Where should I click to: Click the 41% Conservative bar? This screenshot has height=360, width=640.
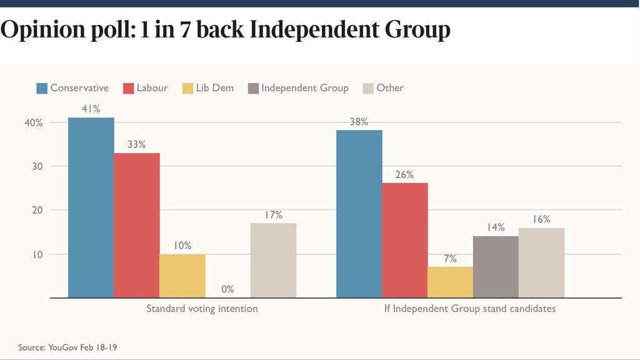point(91,207)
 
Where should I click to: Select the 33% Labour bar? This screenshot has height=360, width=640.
point(137,225)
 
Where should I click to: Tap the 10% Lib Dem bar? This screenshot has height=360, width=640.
point(182,276)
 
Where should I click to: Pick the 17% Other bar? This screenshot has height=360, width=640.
point(273,260)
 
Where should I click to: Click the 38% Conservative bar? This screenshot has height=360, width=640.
point(359,214)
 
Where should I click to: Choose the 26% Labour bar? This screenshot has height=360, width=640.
point(405,240)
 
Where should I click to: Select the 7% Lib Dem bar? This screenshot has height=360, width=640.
point(451,282)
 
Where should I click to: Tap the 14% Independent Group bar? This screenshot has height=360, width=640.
point(496,266)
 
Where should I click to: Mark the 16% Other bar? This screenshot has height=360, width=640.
point(541,262)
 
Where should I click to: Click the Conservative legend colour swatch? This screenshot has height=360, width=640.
point(42,88)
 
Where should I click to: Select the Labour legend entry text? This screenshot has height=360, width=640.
point(152,88)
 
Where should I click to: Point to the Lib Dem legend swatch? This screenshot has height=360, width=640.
point(187,88)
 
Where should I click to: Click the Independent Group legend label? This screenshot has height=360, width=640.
point(304,88)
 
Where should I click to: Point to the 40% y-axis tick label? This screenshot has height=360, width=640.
point(34,122)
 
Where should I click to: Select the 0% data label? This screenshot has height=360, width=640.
point(227,289)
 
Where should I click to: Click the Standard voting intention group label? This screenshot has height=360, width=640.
point(202,309)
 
